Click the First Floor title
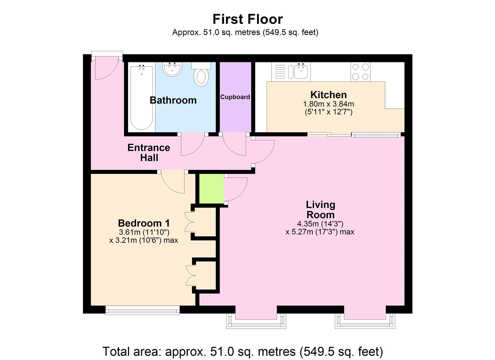pos(248,19)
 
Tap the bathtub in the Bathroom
pos(142,97)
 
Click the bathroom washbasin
pos(172,69)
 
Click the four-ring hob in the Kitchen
pos(360,72)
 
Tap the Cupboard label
pos(235,97)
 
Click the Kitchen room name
pos(328,95)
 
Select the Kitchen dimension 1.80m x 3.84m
pos(328,104)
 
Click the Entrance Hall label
pos(149,152)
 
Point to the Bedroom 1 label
pos(144,223)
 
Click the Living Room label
pos(320,210)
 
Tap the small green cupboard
pos(211,188)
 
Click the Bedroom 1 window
pos(142,311)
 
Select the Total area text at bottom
pos(243,351)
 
